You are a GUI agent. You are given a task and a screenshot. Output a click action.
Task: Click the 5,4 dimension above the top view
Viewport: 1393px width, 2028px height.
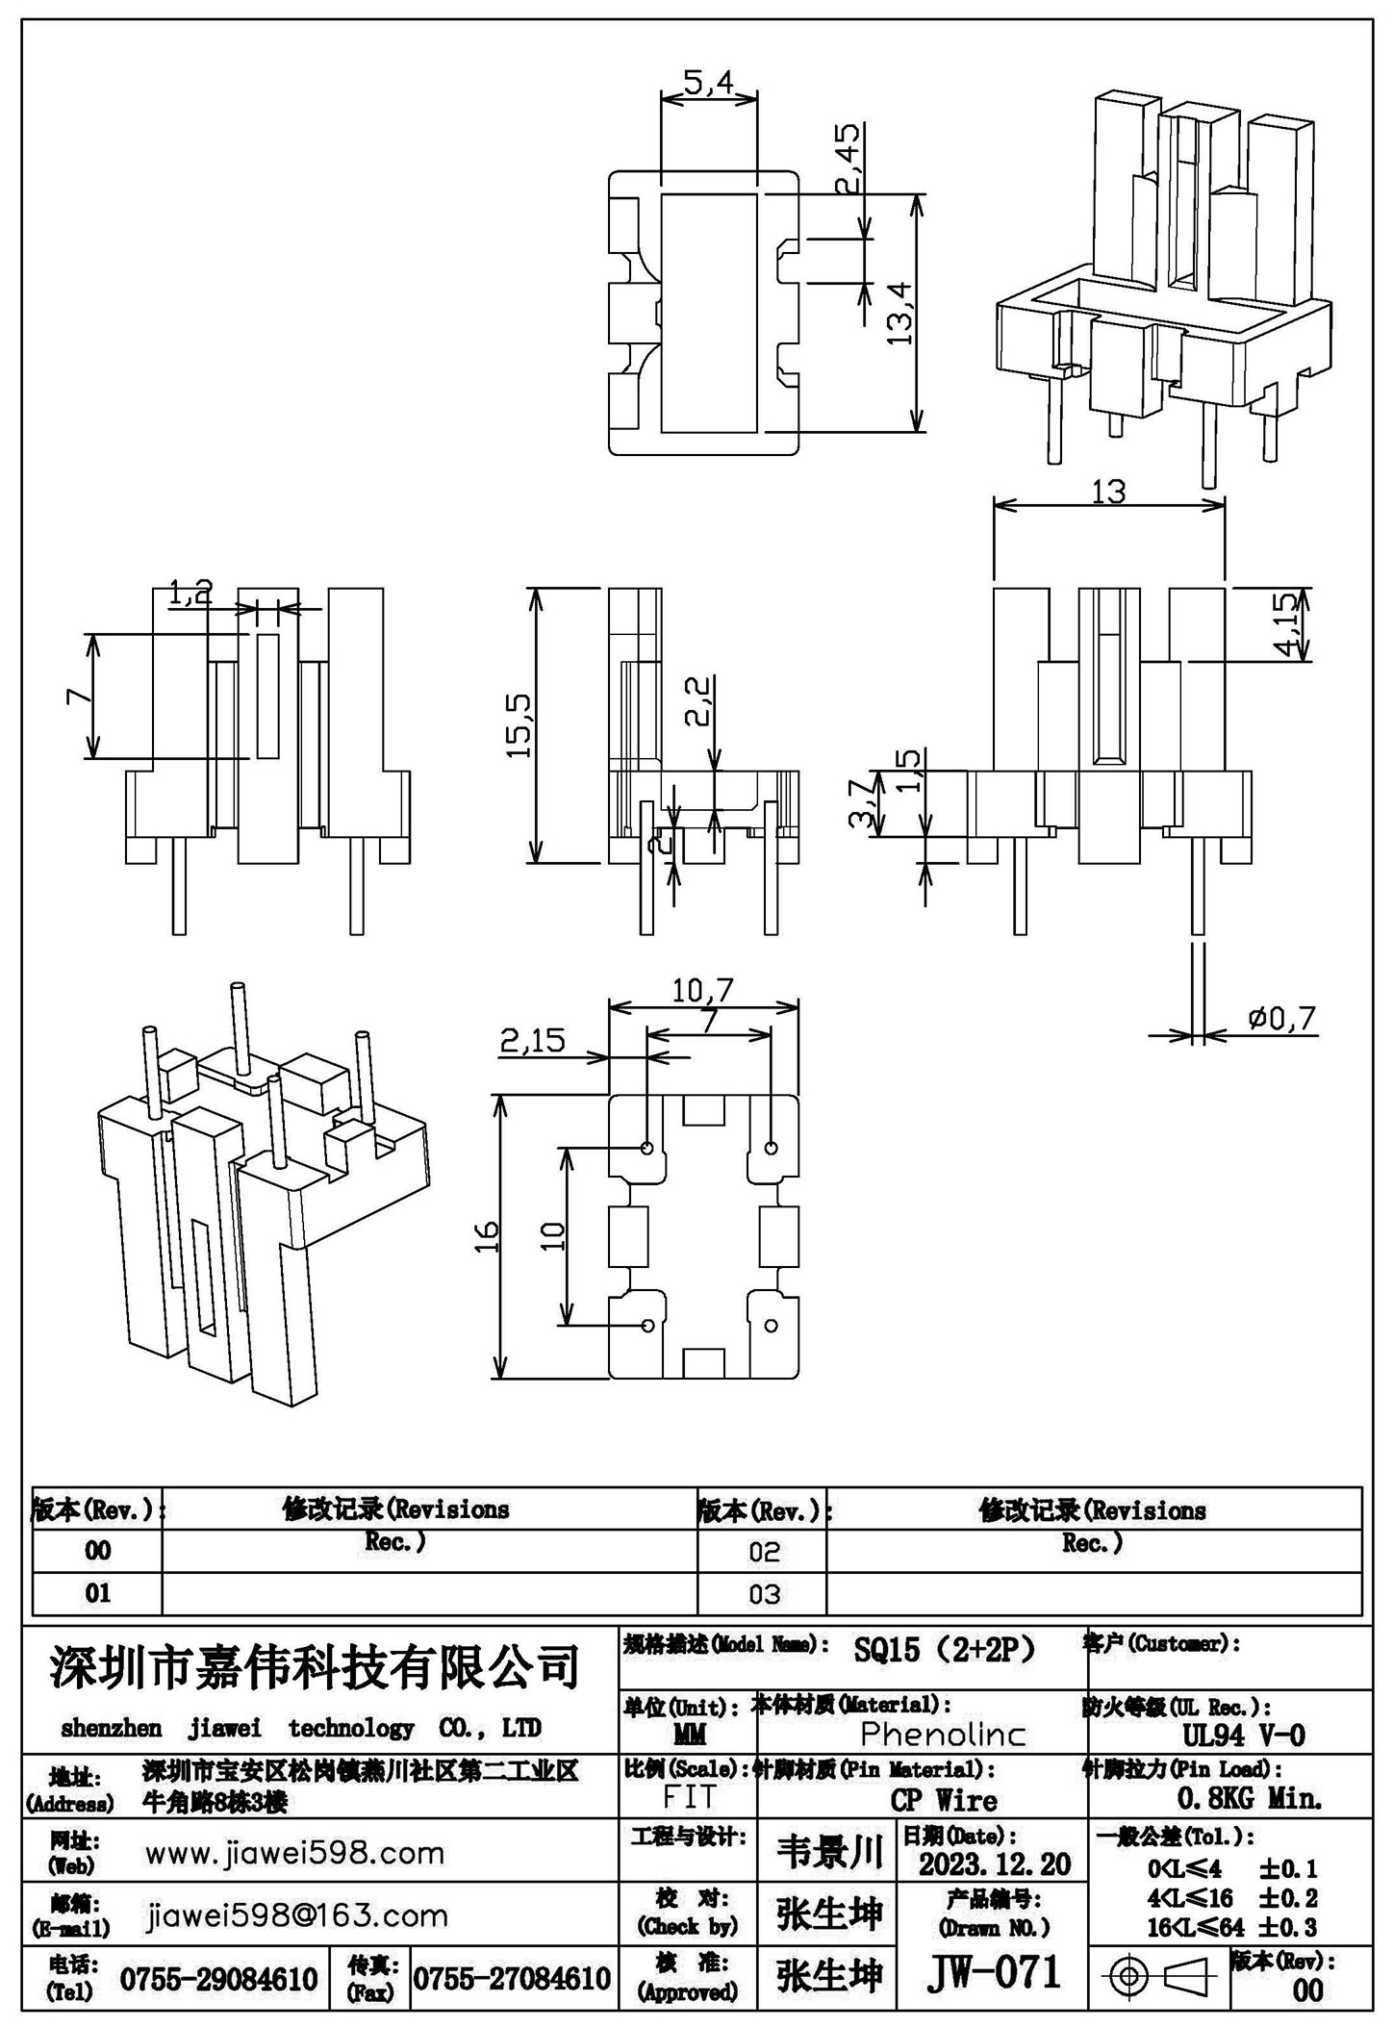(708, 83)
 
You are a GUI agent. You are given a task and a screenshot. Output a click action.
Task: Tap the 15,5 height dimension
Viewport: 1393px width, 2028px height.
(520, 723)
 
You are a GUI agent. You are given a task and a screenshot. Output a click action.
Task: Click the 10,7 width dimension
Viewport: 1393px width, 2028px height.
(703, 990)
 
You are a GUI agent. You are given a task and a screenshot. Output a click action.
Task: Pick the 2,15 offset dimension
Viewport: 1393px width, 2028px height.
(532, 1040)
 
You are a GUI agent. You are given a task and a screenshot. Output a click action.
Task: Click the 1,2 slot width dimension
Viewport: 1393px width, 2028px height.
(190, 593)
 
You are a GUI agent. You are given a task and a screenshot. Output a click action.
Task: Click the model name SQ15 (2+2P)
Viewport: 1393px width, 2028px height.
(944, 1650)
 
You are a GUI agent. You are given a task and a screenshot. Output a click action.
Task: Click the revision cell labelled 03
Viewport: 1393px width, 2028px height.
(764, 1595)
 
